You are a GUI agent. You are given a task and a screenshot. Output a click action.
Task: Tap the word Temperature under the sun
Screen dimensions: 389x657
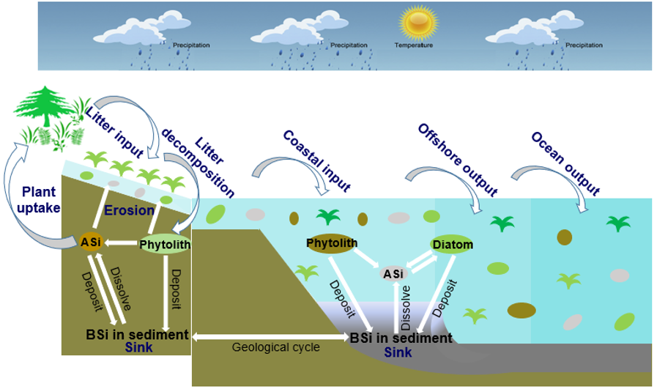click(x=414, y=45)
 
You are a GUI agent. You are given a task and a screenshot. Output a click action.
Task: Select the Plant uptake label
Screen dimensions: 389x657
click(x=39, y=199)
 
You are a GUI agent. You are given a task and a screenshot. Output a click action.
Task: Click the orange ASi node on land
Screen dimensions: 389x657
click(x=92, y=241)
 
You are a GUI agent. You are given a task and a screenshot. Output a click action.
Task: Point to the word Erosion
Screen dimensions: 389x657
click(x=128, y=210)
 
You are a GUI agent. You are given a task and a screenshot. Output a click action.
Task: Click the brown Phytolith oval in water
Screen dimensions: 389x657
click(x=332, y=243)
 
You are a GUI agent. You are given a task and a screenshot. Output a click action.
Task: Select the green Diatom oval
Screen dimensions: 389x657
click(x=453, y=244)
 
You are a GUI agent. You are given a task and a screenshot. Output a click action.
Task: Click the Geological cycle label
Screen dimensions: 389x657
click(x=275, y=347)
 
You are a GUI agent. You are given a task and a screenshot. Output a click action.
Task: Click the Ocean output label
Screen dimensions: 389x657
click(x=565, y=164)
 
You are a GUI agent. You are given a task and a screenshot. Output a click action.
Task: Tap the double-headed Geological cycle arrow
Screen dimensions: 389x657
click(x=269, y=336)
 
